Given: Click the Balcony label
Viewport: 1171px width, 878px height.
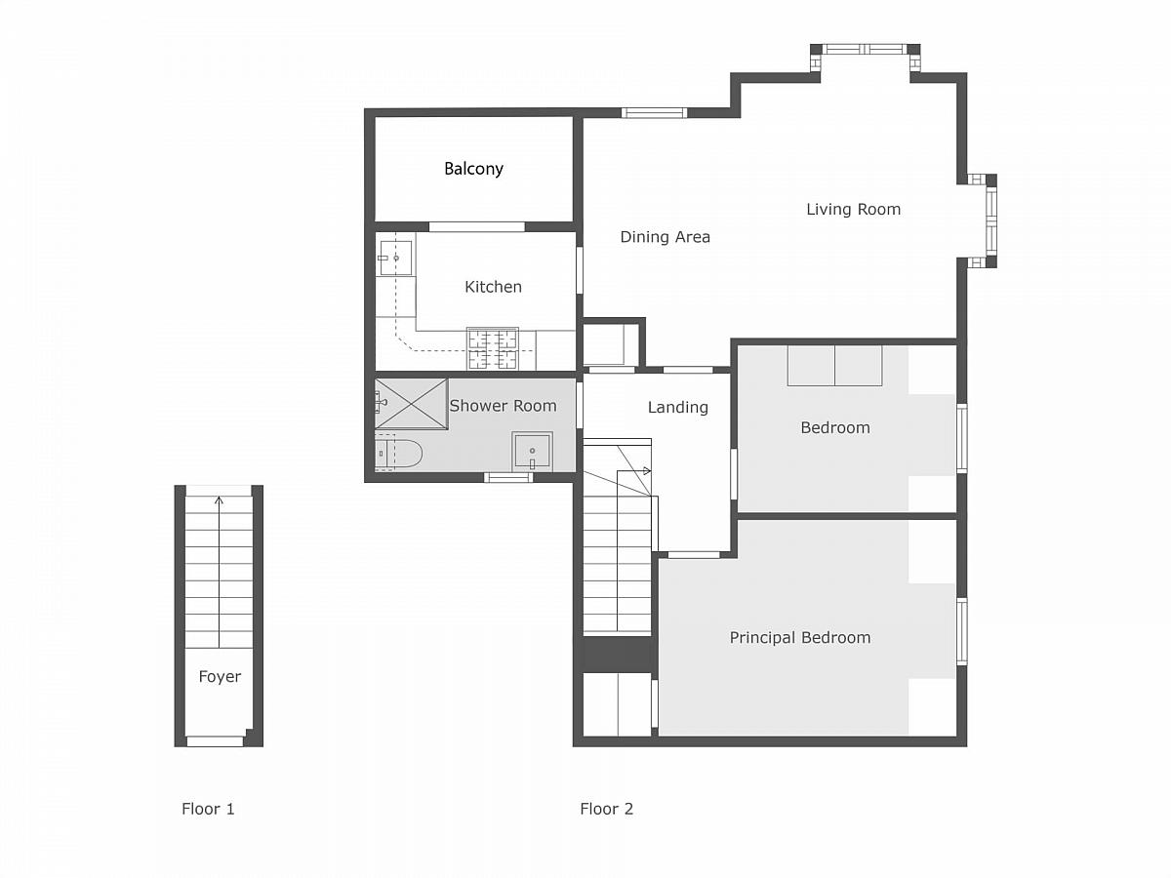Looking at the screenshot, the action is (x=473, y=169).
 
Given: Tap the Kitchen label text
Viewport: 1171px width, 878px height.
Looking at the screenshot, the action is (x=493, y=287).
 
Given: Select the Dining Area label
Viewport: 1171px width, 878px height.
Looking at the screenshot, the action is (x=665, y=237).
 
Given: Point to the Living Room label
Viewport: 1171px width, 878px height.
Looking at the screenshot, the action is (x=853, y=209).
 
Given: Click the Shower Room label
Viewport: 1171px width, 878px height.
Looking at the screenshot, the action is (x=503, y=406).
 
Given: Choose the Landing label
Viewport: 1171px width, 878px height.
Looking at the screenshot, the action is (x=677, y=408).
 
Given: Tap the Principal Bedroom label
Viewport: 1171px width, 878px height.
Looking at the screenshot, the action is (x=799, y=638).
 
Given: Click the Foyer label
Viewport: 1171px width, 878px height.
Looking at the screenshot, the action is (x=220, y=676).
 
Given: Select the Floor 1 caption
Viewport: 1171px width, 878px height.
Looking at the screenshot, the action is (x=208, y=809).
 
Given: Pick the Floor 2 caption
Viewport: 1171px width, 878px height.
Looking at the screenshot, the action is (x=607, y=809).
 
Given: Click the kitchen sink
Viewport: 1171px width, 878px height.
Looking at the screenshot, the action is (x=395, y=258).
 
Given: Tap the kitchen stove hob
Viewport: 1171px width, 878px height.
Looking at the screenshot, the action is (x=493, y=348).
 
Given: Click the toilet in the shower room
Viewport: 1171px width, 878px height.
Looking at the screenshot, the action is (x=398, y=454).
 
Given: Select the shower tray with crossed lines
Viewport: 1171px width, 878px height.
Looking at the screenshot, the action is (x=412, y=404).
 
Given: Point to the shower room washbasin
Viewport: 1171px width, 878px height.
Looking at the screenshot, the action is (x=532, y=452).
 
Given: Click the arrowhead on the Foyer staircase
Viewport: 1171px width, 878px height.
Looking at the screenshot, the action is (x=219, y=500).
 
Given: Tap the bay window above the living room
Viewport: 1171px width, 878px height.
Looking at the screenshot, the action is (x=865, y=50).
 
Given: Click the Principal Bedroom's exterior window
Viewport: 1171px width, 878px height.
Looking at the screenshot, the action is (x=962, y=632).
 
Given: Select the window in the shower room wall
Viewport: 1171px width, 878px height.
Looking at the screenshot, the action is (x=508, y=477).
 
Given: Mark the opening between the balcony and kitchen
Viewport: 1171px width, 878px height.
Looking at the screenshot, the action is (x=477, y=227).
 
